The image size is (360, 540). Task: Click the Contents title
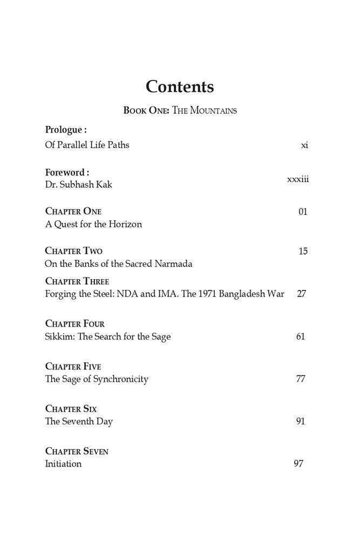click(180, 87)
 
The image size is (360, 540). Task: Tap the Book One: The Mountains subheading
click(180, 111)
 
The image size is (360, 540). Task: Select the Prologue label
click(66, 130)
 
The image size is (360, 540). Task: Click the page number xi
click(304, 145)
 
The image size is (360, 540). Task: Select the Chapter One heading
click(73, 211)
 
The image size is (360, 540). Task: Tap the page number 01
click(303, 211)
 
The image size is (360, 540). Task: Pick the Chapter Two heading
click(74, 251)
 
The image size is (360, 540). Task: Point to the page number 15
click(303, 251)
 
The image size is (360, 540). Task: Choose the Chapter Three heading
click(77, 281)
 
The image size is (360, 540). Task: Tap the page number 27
click(302, 294)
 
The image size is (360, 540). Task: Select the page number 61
click(301, 336)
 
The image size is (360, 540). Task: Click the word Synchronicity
click(121, 379)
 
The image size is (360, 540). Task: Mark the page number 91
click(301, 421)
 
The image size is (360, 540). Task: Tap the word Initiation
click(64, 464)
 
